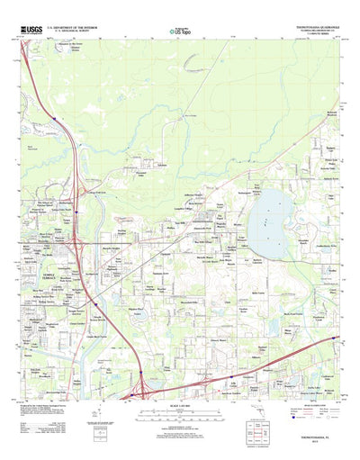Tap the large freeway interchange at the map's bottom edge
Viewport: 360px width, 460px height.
pyautogui.click(x=140, y=392)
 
